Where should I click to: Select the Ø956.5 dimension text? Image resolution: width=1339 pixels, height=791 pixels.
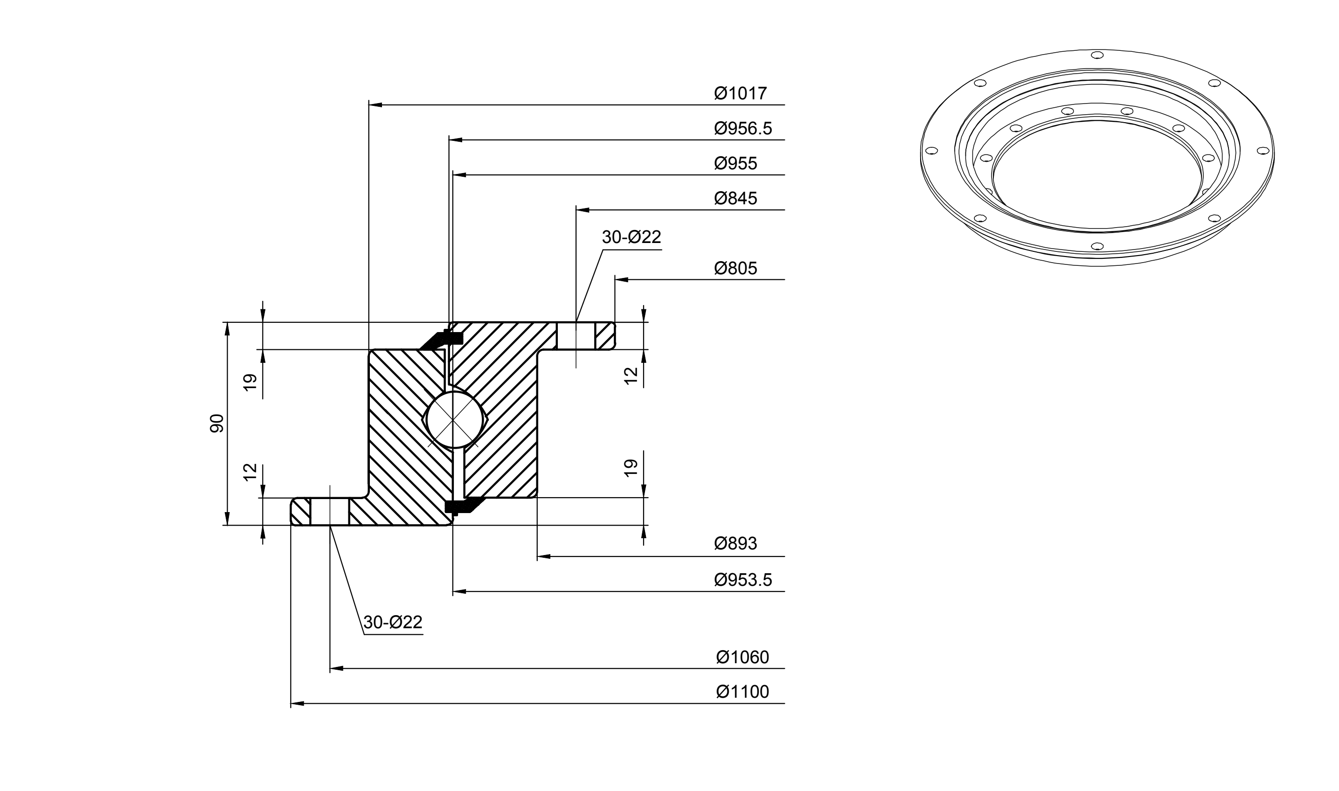click(x=743, y=128)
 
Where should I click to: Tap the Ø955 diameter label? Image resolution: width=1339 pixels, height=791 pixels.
click(x=735, y=163)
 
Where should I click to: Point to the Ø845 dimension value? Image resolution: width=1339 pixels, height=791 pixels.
click(x=735, y=198)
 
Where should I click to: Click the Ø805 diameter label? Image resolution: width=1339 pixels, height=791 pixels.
click(x=735, y=268)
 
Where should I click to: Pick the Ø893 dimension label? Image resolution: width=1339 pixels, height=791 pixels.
click(x=735, y=544)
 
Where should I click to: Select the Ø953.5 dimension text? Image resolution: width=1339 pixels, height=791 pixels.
click(x=743, y=579)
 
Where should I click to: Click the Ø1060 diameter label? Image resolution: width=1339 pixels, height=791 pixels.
click(x=742, y=657)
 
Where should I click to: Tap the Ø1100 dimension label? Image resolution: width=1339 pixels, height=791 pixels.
click(x=742, y=692)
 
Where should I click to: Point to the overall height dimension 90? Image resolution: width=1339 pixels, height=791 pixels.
click(x=217, y=423)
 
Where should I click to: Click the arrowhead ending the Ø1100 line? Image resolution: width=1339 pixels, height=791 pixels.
click(x=298, y=704)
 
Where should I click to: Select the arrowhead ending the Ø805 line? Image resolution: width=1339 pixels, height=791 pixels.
click(x=622, y=279)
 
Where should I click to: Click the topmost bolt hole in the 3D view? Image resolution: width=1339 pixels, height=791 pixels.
click(x=1097, y=55)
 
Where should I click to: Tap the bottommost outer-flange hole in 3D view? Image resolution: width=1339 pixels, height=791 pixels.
click(x=1097, y=246)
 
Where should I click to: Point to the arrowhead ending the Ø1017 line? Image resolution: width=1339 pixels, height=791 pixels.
click(x=376, y=105)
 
